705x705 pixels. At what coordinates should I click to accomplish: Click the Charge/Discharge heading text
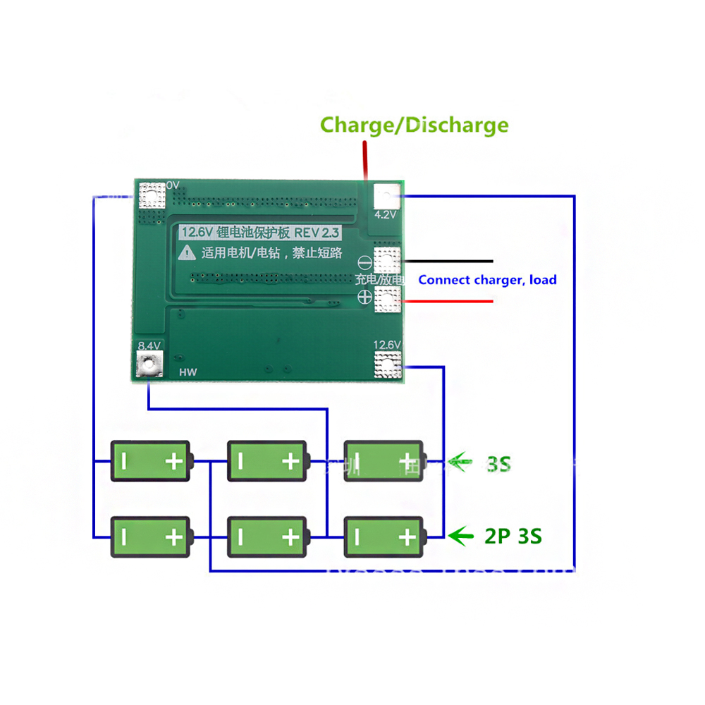coord(414,125)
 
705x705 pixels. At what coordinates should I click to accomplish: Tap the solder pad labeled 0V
coord(152,195)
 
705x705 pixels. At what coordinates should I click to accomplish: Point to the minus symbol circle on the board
coord(364,262)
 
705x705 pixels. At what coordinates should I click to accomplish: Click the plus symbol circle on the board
coord(364,298)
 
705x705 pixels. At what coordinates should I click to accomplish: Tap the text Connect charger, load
coord(487,280)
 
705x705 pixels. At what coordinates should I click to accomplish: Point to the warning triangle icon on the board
coord(187,251)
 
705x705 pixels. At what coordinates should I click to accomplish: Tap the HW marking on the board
coord(188,372)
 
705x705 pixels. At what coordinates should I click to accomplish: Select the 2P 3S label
coord(513,536)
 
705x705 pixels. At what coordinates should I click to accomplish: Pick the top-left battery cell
coord(150,462)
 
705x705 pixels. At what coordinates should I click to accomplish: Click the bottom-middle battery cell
coord(267,537)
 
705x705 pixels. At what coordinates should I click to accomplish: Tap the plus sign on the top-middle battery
coord(290,462)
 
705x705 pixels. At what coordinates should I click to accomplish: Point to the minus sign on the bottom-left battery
coord(123,537)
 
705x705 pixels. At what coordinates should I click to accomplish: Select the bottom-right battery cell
coord(384,537)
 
